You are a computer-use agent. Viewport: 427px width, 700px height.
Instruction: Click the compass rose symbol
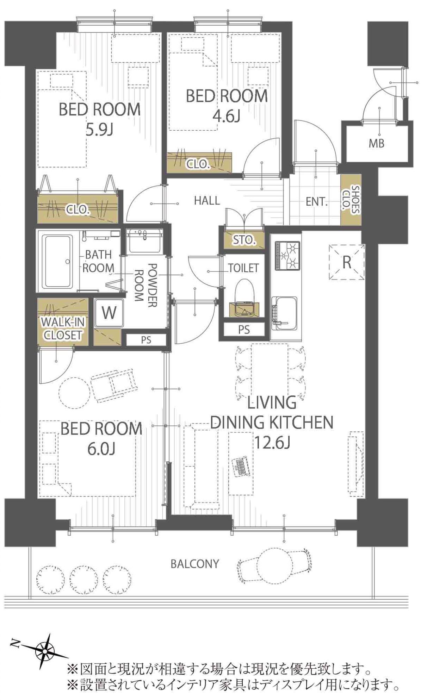coord(45,651)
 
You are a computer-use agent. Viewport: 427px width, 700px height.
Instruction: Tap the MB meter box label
coord(376,143)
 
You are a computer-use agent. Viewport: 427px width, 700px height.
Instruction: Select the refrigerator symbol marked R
coord(347,262)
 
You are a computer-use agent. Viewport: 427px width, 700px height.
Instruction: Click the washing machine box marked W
coord(109,312)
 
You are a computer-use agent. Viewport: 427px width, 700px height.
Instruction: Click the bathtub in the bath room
coord(57,261)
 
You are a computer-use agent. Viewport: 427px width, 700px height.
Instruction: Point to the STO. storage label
coord(244,240)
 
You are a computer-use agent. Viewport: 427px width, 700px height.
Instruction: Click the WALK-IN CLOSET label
coord(62,329)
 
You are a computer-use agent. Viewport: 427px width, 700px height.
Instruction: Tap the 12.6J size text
coord(272,443)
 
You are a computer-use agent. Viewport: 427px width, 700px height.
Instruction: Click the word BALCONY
coord(195,564)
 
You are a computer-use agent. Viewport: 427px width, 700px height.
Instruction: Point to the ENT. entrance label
coord(317,202)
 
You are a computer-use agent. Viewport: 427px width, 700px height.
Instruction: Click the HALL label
coord(207,201)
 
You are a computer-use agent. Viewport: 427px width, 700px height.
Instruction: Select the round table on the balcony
coord(275,566)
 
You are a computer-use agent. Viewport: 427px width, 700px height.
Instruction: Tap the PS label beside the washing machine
coord(146,340)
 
